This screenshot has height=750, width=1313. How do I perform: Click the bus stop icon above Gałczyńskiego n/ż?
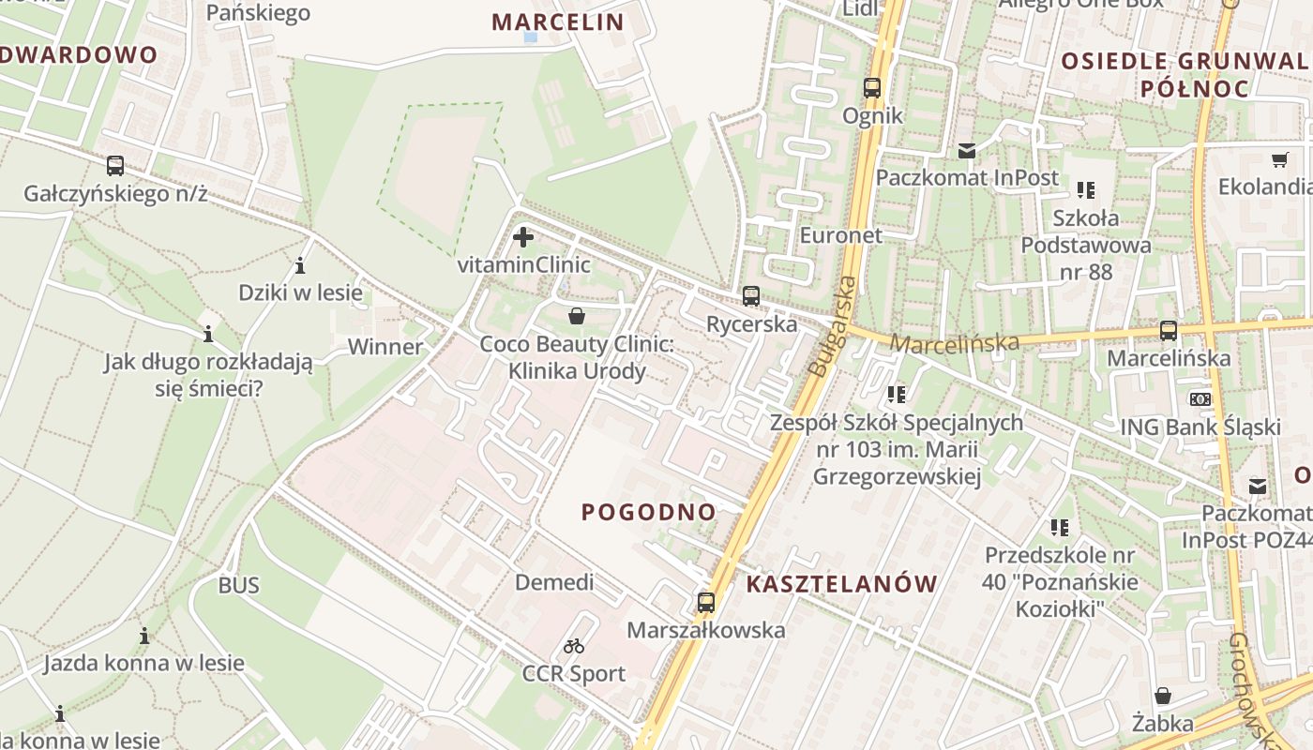(x=115, y=166)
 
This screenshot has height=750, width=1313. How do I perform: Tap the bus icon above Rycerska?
(x=750, y=296)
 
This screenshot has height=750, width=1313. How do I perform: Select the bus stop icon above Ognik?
(x=872, y=88)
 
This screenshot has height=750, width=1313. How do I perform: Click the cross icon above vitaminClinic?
(x=523, y=237)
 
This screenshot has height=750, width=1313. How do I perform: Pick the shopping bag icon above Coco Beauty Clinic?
(x=577, y=316)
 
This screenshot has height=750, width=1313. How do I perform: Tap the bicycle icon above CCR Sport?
(x=574, y=646)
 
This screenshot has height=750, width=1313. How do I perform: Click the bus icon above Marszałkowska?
(x=706, y=603)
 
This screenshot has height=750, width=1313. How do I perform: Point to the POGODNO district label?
(x=649, y=512)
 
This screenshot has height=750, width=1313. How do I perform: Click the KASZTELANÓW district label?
(x=842, y=584)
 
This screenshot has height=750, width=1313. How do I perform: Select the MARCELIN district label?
(x=558, y=22)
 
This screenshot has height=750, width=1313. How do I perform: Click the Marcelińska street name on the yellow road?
(x=953, y=343)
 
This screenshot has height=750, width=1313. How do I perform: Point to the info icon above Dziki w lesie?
(x=300, y=265)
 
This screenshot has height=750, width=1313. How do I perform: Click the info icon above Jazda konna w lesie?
(x=143, y=637)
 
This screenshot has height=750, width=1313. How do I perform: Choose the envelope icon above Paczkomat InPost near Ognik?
(x=967, y=150)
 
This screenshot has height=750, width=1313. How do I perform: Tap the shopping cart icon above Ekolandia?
(x=1279, y=159)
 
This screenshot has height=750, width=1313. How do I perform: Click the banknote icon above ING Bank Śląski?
(x=1200, y=399)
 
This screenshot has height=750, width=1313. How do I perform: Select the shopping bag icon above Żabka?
(x=1163, y=696)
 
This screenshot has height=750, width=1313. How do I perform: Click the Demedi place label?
(x=554, y=582)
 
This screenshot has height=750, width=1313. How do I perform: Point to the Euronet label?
(x=841, y=234)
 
